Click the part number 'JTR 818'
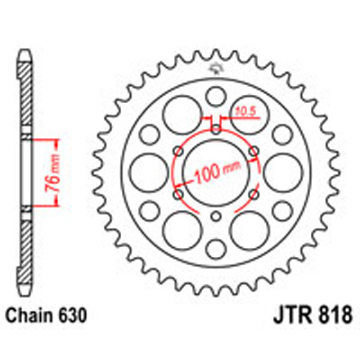tap(307, 314)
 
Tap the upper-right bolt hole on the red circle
tap(254, 149)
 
